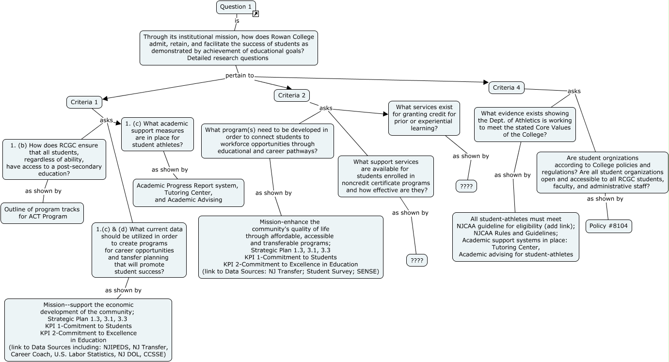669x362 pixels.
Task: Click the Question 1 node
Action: [x=236, y=7]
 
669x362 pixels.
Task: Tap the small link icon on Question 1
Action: [x=255, y=14]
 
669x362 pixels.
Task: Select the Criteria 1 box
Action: [x=84, y=102]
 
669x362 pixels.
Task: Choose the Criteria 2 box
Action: [x=292, y=95]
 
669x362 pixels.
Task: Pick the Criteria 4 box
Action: [x=507, y=88]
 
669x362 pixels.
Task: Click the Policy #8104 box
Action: [x=609, y=226]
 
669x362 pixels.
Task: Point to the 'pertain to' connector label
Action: [x=239, y=76]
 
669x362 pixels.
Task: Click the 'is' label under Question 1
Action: [x=237, y=21]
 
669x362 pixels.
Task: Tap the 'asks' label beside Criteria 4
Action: [x=574, y=91]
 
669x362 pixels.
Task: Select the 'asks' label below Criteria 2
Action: [x=326, y=108]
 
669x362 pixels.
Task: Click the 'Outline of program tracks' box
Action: [x=42, y=213]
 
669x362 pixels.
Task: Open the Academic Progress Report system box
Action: [x=189, y=193]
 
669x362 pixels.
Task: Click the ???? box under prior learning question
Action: [x=466, y=186]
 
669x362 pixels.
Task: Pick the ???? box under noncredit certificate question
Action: [x=417, y=260]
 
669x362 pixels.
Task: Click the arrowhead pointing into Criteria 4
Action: [x=486, y=82]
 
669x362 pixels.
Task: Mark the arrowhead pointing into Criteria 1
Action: [x=105, y=98]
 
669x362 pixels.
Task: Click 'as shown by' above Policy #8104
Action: [x=605, y=199]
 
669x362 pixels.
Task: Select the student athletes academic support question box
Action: [x=158, y=134]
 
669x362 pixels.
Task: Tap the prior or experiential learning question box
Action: [x=424, y=118]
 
